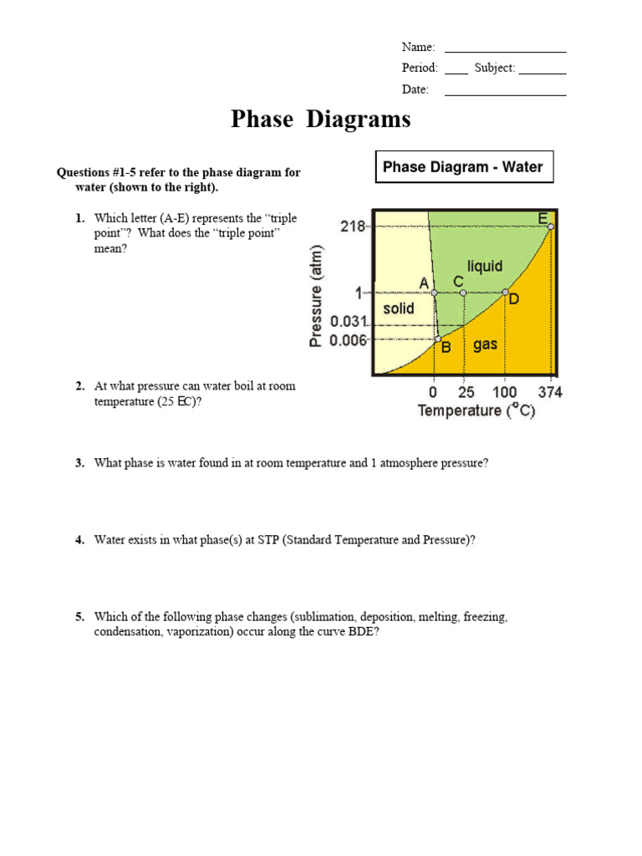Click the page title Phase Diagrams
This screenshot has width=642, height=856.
[321, 120]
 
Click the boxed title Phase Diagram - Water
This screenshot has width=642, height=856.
[462, 167]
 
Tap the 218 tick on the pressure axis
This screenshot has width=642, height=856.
[352, 227]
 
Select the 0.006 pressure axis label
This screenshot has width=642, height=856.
[349, 339]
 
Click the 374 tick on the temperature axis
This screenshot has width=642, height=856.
[550, 392]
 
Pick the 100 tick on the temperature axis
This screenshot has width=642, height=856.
[504, 392]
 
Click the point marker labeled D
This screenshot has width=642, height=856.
[505, 292]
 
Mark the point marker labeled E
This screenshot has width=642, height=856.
[550, 227]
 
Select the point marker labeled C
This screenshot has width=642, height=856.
[463, 293]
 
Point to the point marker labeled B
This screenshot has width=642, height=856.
[438, 339]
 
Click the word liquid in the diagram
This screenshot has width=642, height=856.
[485, 267]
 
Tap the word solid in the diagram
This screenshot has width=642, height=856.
[398, 308]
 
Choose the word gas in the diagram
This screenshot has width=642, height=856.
[486, 344]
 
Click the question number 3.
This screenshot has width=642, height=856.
[79, 463]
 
